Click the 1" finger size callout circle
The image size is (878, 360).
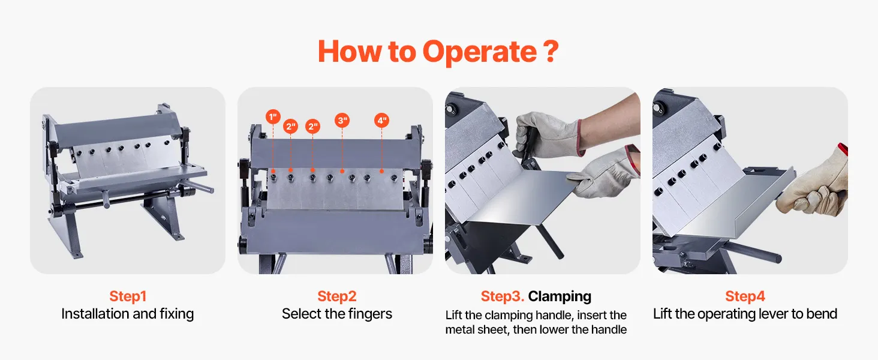(273, 116)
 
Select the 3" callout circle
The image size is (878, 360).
(342, 121)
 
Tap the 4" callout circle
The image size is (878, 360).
(382, 121)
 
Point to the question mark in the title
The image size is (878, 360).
(551, 50)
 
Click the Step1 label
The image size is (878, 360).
(128, 296)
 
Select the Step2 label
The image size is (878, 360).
(336, 296)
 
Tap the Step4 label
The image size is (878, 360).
(745, 296)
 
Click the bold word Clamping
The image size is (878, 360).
(560, 296)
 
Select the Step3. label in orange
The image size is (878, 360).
(502, 296)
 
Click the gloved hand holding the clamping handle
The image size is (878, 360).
(549, 134)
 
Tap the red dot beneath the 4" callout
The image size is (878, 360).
(382, 172)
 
